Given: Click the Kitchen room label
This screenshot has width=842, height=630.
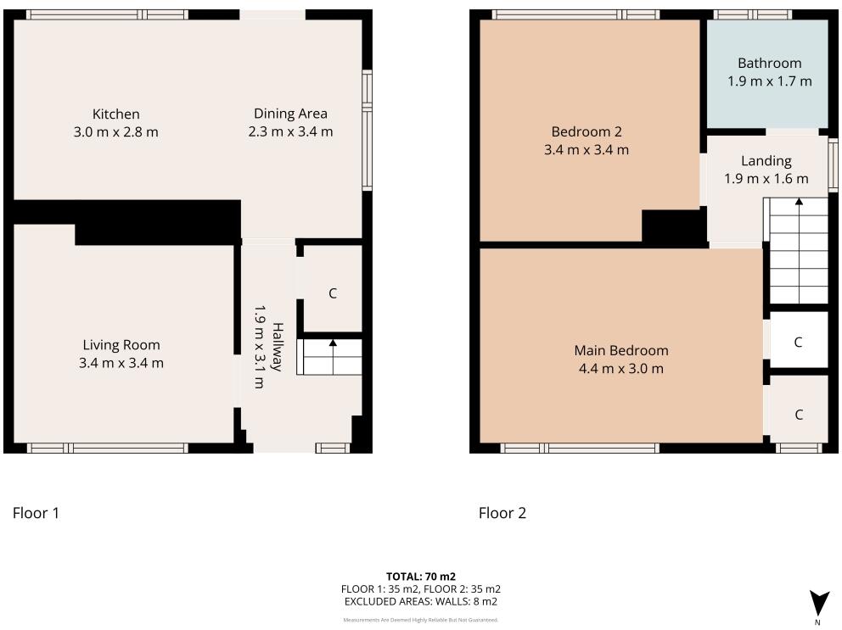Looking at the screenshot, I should click(x=115, y=114).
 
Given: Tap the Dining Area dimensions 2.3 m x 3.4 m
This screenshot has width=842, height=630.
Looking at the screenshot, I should click(x=290, y=131).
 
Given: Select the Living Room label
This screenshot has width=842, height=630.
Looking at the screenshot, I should click(x=121, y=345).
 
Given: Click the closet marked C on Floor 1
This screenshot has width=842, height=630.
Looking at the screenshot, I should click(x=333, y=293).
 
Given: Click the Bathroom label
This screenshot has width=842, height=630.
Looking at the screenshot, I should click(x=769, y=63).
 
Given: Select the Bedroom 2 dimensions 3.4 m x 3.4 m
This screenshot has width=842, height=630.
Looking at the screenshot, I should click(x=587, y=150).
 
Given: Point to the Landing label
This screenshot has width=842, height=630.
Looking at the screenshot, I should click(x=766, y=160).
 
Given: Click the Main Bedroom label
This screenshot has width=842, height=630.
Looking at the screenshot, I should click(x=620, y=350).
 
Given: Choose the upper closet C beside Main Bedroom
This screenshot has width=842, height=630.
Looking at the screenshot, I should click(x=798, y=343).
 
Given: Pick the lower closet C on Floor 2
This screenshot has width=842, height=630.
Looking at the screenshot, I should click(x=799, y=415).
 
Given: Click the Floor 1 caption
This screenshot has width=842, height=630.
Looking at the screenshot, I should click(x=36, y=513).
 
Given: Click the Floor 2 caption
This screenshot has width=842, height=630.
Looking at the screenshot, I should click(x=502, y=513).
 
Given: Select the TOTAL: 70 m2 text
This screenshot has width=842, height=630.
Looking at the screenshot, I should click(x=421, y=577).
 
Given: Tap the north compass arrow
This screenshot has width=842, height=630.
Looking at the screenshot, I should click(x=817, y=603).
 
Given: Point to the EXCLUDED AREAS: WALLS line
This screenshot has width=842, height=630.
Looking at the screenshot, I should click(x=421, y=601).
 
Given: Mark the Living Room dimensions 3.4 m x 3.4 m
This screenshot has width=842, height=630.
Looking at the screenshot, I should click(x=121, y=363).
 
